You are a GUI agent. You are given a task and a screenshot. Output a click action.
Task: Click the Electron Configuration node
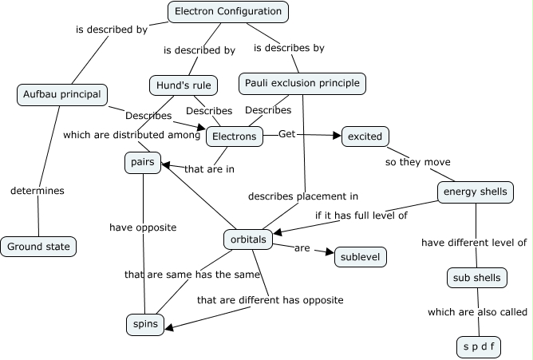[228, 11]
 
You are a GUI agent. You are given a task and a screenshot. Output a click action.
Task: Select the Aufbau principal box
[61, 95]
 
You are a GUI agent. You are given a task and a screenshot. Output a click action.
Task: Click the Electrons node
[235, 136]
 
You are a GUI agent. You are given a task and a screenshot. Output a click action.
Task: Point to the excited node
[365, 136]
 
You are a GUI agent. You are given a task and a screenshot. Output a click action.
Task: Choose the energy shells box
[475, 192]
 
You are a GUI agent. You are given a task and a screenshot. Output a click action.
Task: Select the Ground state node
[38, 247]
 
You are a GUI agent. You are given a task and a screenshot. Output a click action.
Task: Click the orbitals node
[248, 239]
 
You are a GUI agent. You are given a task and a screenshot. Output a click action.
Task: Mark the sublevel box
[361, 256]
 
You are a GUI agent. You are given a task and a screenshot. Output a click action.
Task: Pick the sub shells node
[476, 278]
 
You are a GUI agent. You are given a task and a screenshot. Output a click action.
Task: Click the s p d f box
[478, 347]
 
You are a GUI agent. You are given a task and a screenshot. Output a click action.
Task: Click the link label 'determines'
[38, 191]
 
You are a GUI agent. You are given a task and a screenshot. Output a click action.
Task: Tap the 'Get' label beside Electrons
[286, 134]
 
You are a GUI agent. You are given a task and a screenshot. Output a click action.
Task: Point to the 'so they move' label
[413, 162]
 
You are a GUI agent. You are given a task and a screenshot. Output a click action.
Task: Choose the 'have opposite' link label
[143, 227]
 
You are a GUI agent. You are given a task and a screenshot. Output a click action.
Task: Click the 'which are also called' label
[477, 312]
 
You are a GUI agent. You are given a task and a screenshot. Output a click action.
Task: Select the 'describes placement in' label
[302, 196]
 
